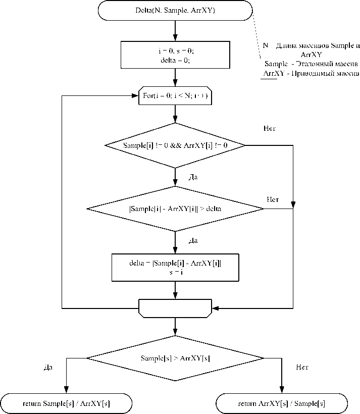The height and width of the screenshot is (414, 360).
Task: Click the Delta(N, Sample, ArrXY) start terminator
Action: click(x=175, y=10)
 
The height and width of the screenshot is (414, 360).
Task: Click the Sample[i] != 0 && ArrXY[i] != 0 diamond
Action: click(x=175, y=145)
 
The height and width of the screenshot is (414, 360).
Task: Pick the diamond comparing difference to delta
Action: click(x=175, y=208)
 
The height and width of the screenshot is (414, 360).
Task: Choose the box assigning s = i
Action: click(x=175, y=267)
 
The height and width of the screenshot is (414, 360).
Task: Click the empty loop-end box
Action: click(x=175, y=307)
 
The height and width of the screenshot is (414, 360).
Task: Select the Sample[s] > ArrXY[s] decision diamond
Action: click(x=175, y=357)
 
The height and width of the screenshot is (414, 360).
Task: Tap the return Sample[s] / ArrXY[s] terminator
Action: click(x=66, y=404)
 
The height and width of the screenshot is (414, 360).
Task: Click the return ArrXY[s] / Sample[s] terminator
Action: click(x=281, y=404)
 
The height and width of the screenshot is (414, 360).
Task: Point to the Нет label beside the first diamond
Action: click(x=270, y=129)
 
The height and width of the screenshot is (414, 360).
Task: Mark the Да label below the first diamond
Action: click(x=192, y=177)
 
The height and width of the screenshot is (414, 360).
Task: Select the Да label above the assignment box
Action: click(x=192, y=241)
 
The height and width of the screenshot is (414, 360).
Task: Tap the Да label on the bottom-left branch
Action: click(x=48, y=367)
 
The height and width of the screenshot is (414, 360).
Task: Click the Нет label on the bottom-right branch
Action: click(x=302, y=367)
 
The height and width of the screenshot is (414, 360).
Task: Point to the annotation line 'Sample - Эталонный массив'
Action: click(x=311, y=64)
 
